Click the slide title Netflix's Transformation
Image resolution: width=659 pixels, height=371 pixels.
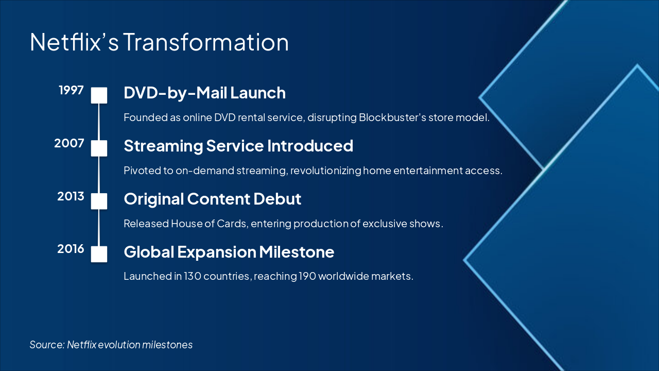[x=159, y=42]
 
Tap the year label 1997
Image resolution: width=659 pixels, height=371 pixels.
[x=71, y=90]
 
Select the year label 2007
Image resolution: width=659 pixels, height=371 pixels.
[x=69, y=143]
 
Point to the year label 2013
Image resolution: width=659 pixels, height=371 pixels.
[x=71, y=196]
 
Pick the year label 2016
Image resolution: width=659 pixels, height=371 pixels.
[x=71, y=249]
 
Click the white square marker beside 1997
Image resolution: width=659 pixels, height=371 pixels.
[x=99, y=95]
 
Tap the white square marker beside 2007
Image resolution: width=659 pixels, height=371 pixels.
[x=99, y=148]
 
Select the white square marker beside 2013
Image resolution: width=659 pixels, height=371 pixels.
[x=99, y=201]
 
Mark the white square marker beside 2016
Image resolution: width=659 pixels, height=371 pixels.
[x=99, y=254]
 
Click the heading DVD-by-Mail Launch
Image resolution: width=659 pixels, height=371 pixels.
[x=205, y=94]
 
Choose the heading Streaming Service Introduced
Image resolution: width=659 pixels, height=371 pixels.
[x=238, y=146]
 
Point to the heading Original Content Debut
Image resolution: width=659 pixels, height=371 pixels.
[x=213, y=199]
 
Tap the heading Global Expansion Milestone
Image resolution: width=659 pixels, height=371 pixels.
[x=229, y=252]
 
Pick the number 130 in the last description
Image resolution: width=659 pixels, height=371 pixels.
[x=193, y=276]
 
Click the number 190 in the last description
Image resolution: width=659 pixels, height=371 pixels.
[x=307, y=276]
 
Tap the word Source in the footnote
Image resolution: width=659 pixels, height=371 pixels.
[x=47, y=345]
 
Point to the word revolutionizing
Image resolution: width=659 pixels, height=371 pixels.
[x=326, y=171]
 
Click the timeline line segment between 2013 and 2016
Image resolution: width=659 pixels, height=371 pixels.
[x=99, y=228]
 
